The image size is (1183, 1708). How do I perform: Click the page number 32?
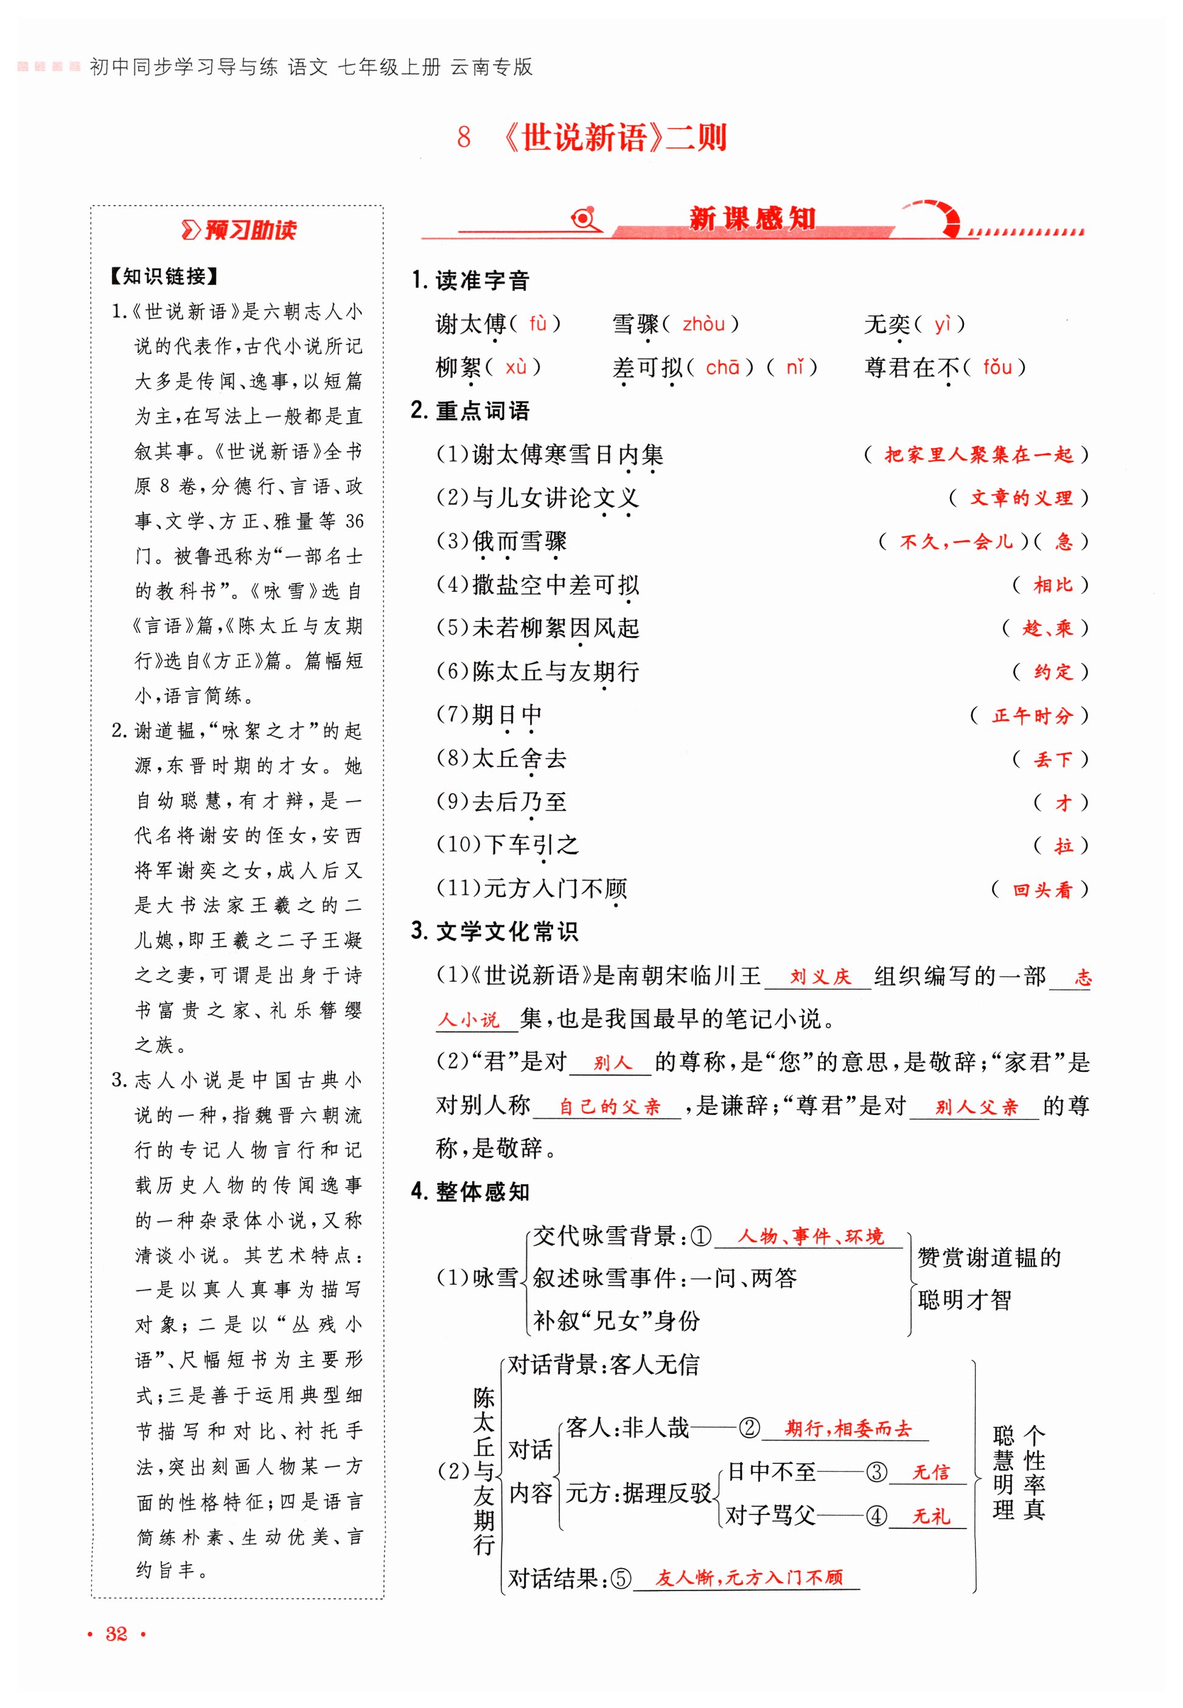coord(116,1634)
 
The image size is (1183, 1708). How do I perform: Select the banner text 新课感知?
coord(752,219)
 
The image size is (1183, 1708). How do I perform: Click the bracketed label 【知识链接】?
coord(164,276)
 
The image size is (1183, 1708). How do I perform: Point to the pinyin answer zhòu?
coord(703,324)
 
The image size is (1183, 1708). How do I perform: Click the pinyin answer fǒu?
coord(997,367)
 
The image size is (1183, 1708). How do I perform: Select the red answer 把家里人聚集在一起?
coord(979,455)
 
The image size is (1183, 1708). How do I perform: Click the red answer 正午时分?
coord(1033,715)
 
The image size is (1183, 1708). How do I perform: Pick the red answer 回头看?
coord(1042,889)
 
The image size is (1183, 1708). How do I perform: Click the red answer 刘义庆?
coord(820,977)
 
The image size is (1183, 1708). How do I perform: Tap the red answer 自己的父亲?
coord(609,1107)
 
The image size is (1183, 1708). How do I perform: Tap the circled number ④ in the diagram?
coord(876,1516)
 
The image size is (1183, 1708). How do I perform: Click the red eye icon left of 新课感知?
coord(584,219)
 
